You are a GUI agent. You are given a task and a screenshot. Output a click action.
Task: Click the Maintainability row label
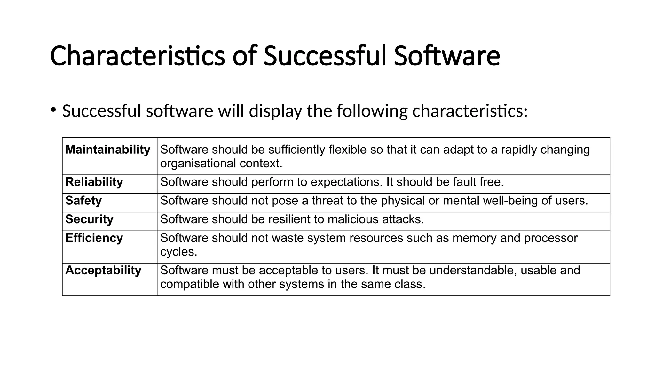(x=108, y=149)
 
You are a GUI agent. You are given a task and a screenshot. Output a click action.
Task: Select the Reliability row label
(x=94, y=182)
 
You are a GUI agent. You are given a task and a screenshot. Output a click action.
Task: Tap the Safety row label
(x=83, y=201)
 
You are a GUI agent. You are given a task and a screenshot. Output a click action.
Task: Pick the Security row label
(x=89, y=219)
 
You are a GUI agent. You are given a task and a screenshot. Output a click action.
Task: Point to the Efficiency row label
(x=94, y=238)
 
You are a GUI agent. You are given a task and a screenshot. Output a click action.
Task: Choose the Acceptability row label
(x=103, y=271)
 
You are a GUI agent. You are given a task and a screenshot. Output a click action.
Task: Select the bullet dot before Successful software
(x=53, y=110)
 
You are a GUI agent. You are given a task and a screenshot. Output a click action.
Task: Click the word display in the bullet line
(x=275, y=111)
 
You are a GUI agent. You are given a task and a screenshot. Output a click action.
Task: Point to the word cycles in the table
(x=178, y=252)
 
